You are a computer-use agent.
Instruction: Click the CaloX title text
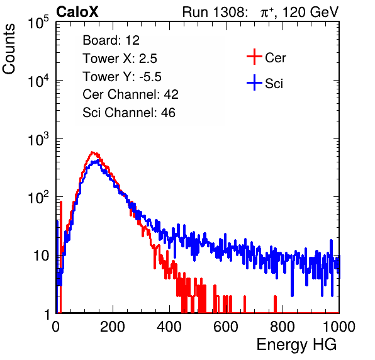77,12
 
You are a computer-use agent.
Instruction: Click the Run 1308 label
214,12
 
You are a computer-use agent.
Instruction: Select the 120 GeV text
310,12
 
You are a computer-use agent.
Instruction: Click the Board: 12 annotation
111,40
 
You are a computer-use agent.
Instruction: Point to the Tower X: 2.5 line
120,59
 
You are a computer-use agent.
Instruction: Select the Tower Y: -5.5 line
122,77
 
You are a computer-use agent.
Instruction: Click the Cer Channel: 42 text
130,94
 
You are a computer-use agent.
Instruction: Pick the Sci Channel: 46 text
129,113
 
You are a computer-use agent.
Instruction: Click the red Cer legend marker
254,57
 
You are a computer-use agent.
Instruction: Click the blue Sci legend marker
254,83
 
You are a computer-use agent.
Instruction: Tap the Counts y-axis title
9,49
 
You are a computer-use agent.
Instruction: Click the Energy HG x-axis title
296,345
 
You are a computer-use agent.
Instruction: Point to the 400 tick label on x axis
169,327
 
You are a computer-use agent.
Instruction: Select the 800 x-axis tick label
283,327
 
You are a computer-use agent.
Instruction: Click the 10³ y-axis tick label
38,139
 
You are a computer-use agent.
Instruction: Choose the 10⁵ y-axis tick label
38,23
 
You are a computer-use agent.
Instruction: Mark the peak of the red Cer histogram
92,152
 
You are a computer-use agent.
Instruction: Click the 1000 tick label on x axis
339,327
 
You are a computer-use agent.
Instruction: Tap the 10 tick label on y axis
41,256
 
